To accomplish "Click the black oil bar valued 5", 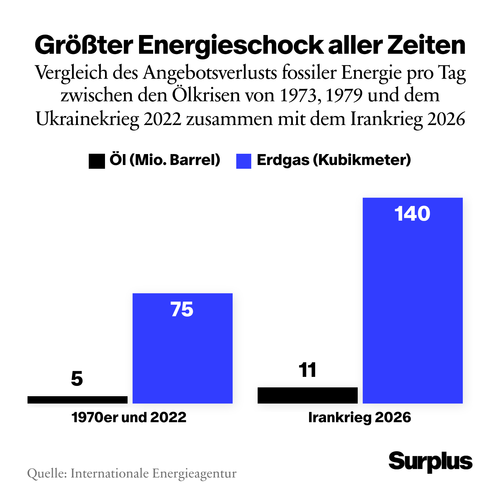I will click(x=77, y=399).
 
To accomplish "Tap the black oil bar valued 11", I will click(x=307, y=395).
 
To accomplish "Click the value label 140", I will click(x=412, y=214).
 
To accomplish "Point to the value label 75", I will click(x=182, y=310).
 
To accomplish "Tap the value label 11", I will click(x=307, y=370).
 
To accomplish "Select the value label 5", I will click(x=77, y=379).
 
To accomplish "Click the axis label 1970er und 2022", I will click(x=129, y=417).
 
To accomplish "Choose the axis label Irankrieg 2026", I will click(x=360, y=417).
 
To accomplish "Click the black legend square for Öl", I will click(x=97, y=161).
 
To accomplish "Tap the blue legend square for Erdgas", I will click(x=244, y=161).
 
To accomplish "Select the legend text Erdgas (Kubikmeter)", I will click(x=334, y=160).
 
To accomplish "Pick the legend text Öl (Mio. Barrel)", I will click(x=165, y=160).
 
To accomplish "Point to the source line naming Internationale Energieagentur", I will click(x=132, y=473).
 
